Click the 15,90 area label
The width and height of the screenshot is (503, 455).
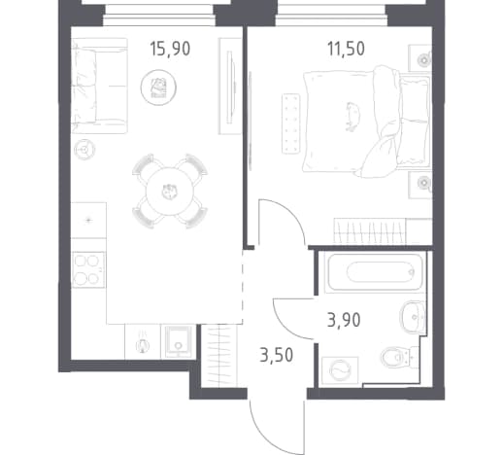pos(170,49)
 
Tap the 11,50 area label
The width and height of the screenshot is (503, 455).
pos(346,49)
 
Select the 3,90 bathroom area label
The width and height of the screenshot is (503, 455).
pos(344,320)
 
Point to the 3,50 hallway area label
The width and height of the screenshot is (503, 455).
pos(277,355)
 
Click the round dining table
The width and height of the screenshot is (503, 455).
pos(170,192)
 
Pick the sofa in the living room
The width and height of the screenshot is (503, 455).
pos(99,86)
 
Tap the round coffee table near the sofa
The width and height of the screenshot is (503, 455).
pos(158,87)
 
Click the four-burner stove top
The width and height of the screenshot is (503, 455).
pos(88,269)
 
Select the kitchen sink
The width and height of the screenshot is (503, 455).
pos(179,342)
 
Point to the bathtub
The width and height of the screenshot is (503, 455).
pos(375,272)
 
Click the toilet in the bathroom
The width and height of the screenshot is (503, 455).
pos(400,357)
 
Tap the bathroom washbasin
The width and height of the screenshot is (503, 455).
pos(413,317)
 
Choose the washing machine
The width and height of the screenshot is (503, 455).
pos(340,370)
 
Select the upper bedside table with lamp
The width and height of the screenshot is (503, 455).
pos(419,58)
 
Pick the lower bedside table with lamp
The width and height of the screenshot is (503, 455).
pos(419,184)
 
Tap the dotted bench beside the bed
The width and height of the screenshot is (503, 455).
pos(291,123)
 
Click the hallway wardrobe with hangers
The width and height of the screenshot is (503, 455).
pos(219,356)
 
